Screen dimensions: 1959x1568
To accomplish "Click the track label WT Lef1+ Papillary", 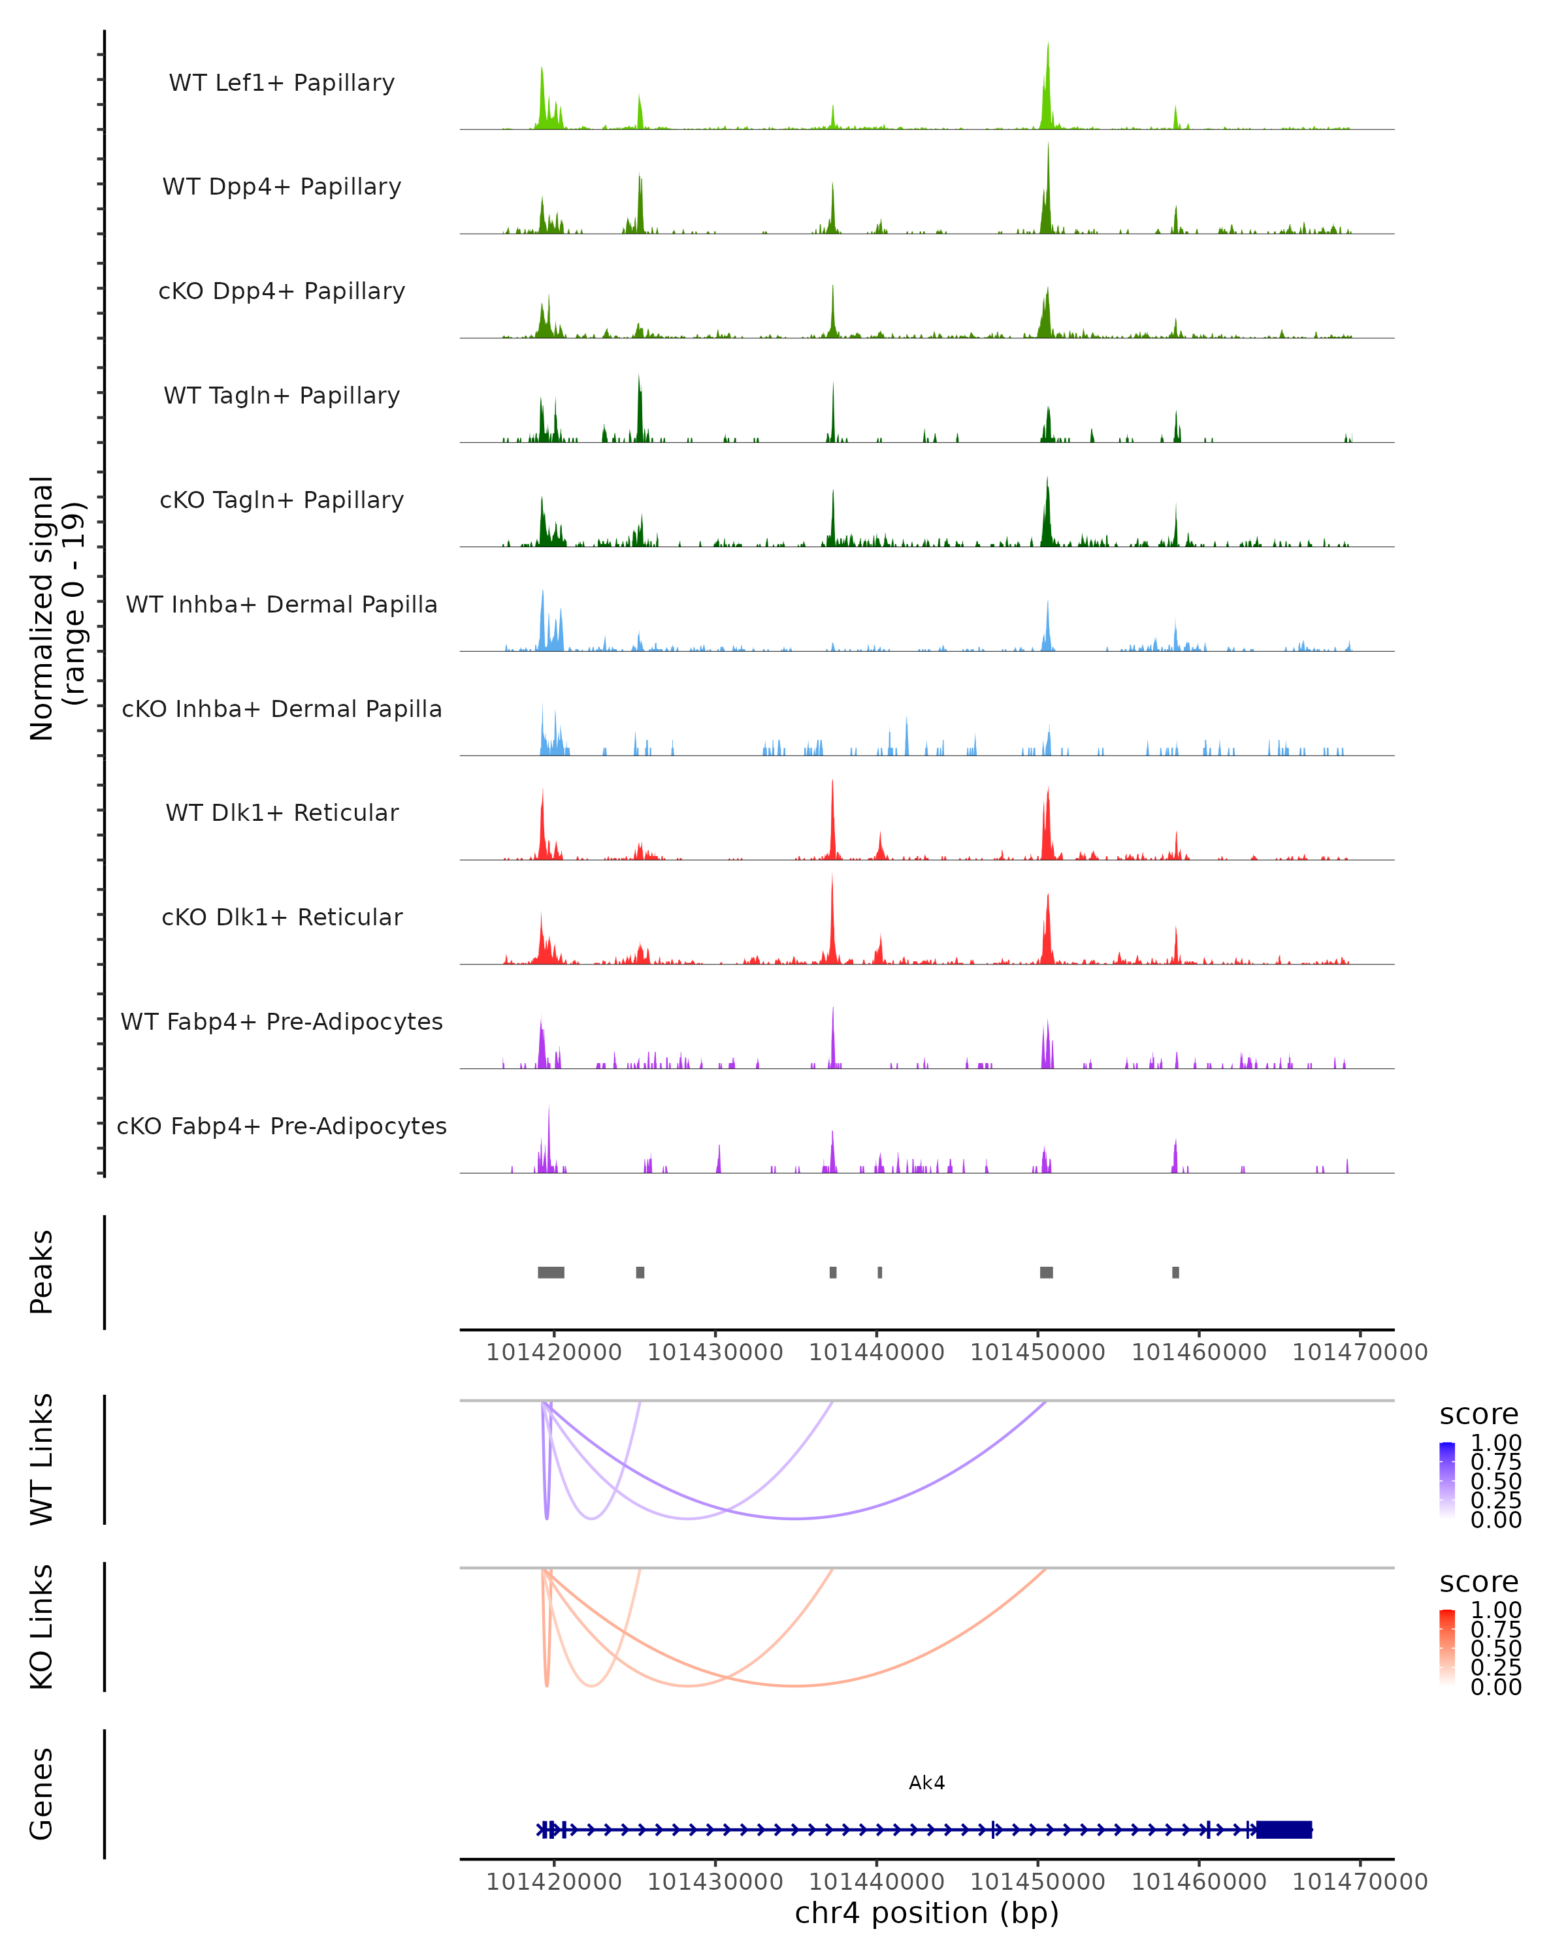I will point(282,83).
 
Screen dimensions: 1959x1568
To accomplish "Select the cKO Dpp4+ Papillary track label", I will point(282,292).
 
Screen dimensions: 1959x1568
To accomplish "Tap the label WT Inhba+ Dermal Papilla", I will point(282,605).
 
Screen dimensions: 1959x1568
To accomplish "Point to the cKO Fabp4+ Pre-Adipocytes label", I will point(282,1126).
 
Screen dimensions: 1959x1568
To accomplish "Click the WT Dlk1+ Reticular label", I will point(282,813).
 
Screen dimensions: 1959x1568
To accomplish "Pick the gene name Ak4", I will point(926,1783).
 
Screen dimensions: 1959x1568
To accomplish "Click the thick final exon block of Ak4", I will point(1284,1830).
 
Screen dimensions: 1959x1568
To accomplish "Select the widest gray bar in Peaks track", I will point(551,1272).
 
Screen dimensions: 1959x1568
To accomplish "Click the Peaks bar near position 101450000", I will point(1046,1272).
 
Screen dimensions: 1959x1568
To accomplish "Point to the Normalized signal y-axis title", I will point(56,609).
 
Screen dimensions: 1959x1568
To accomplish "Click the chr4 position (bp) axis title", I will point(926,1913).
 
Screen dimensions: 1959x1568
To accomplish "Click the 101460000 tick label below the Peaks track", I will point(1198,1352).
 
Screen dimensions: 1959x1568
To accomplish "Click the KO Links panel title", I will point(42,1627).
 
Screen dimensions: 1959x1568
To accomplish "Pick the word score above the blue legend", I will point(1478,1415).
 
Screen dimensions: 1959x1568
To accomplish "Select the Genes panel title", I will point(42,1794).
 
